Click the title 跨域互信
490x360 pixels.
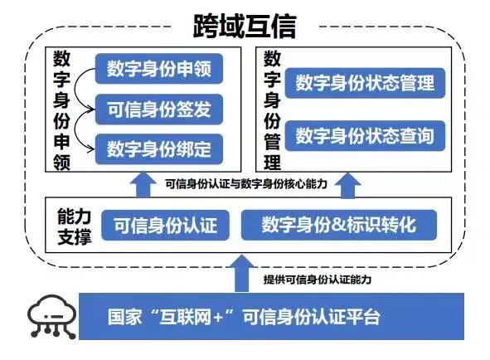point(245,26)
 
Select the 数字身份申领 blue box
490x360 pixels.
point(158,68)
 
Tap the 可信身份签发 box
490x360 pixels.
point(158,108)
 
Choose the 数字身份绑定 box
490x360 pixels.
point(158,148)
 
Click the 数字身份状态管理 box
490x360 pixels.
point(365,83)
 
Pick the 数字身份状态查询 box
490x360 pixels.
point(365,135)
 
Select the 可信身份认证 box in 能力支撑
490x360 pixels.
point(165,225)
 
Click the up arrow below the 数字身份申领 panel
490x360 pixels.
point(144,182)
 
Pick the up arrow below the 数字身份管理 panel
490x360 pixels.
point(347,183)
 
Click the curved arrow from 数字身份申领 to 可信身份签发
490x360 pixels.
point(84,88)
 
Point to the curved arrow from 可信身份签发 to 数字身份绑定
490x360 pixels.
point(84,129)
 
